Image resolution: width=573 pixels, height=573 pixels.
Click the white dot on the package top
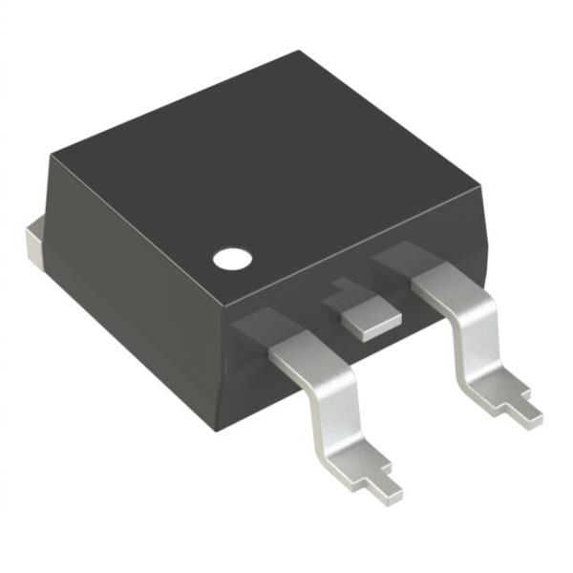(231, 257)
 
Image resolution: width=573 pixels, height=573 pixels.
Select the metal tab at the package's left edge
(34, 241)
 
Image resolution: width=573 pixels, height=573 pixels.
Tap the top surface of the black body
(267, 162)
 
